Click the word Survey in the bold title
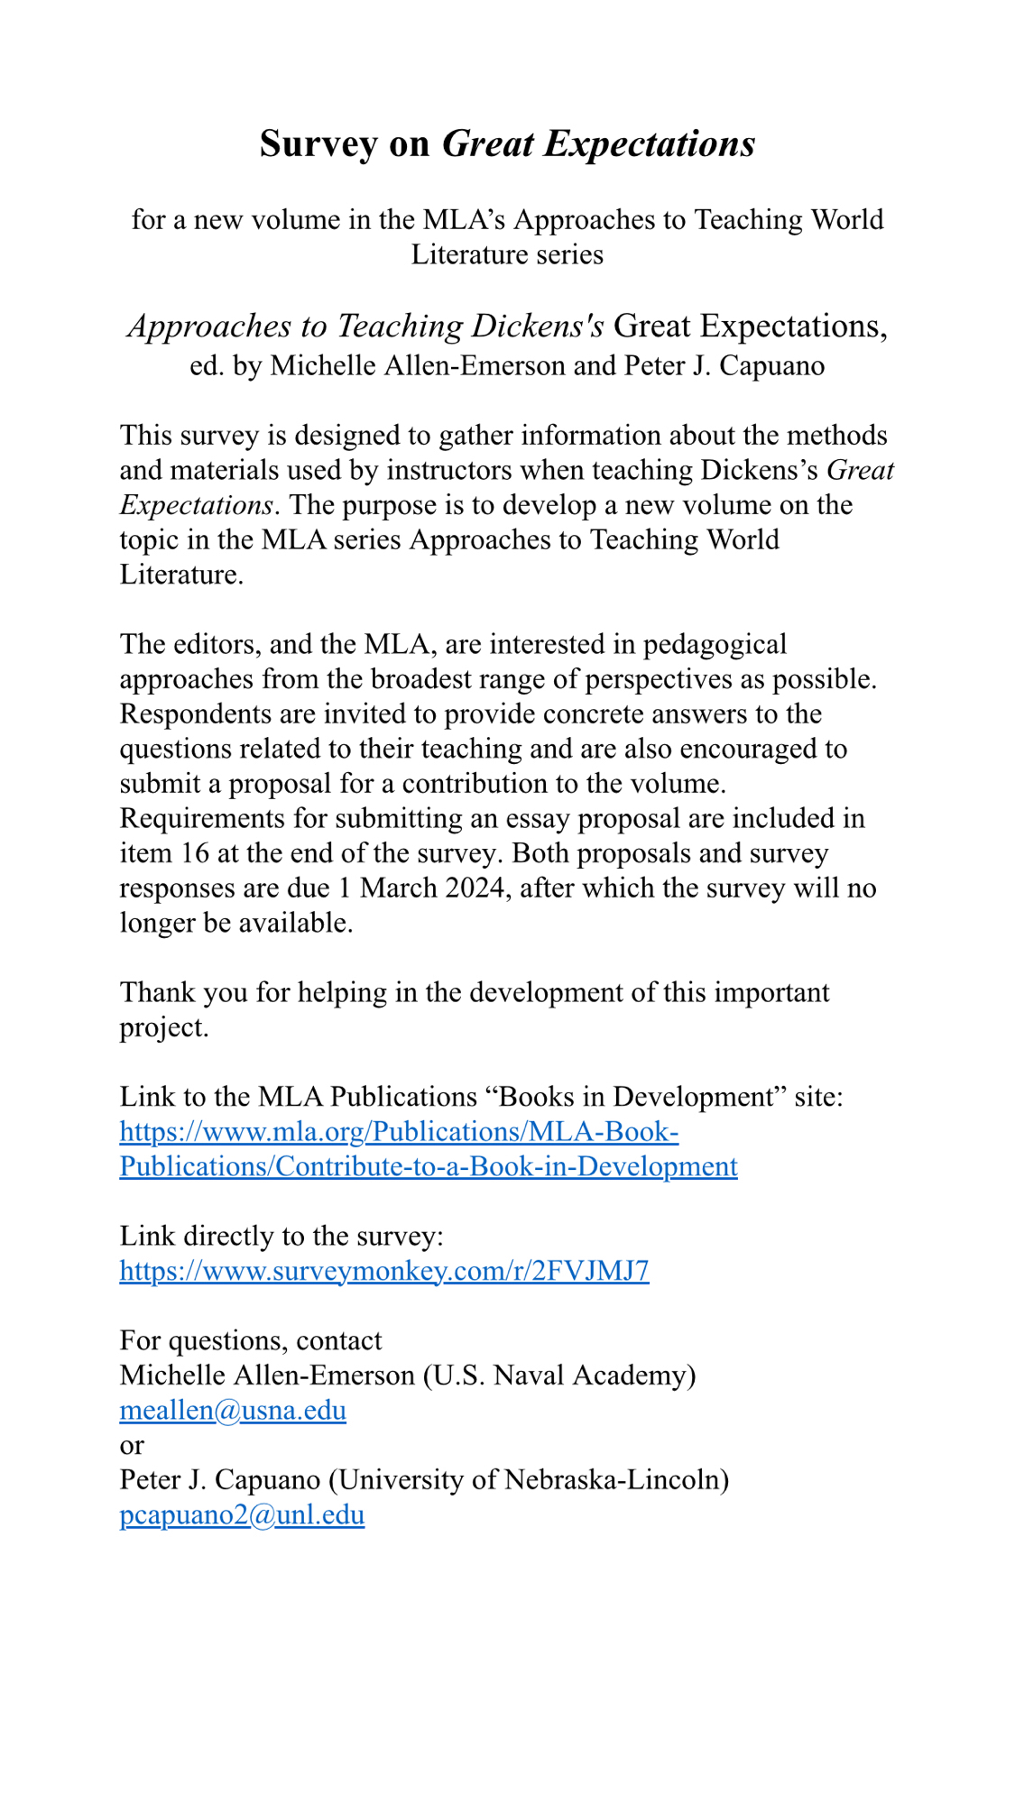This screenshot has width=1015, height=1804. click(x=318, y=144)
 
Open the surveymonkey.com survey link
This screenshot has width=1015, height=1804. click(x=384, y=1271)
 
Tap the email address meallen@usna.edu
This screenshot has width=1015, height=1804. click(x=233, y=1410)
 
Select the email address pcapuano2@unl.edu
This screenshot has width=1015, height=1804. click(x=242, y=1514)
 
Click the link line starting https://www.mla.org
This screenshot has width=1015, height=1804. click(x=399, y=1131)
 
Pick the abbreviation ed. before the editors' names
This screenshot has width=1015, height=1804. click(x=207, y=365)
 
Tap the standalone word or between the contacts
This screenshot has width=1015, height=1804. click(x=132, y=1445)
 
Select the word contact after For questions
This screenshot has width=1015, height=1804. click(x=338, y=1340)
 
